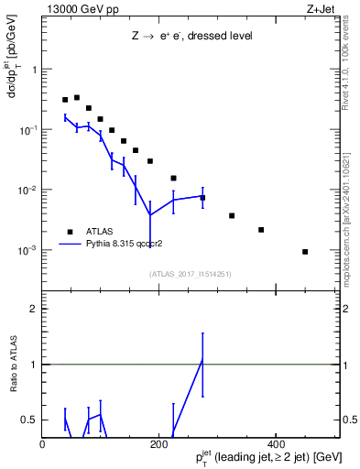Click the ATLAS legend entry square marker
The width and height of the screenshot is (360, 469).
click(x=69, y=232)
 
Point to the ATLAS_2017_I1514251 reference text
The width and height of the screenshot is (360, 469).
click(x=190, y=273)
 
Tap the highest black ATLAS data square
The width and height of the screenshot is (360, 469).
click(x=77, y=97)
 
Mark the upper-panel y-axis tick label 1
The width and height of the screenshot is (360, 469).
click(x=35, y=70)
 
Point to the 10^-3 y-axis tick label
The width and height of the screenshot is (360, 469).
click(x=28, y=250)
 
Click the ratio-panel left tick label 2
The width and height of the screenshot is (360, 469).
click(x=35, y=309)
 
